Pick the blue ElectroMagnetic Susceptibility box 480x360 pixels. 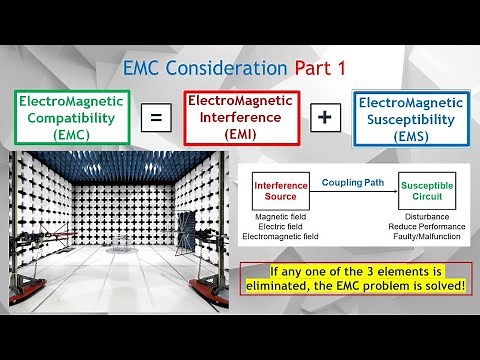[412, 117]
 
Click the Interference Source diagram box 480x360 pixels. [281, 191]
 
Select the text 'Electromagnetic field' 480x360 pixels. [286, 237]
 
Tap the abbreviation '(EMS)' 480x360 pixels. [412, 136]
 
